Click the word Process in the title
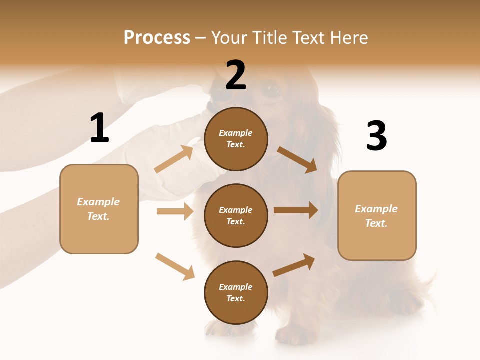click(157, 37)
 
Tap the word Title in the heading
click(269, 37)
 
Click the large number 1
click(99, 128)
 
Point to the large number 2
click(236, 75)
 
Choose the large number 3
click(377, 136)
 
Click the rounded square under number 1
click(99, 209)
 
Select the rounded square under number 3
click(377, 216)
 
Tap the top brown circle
click(236, 139)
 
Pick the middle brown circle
click(236, 216)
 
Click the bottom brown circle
click(236, 293)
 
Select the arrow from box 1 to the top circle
click(174, 159)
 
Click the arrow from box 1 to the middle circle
click(175, 211)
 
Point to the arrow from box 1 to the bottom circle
click(175, 266)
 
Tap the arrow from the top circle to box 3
click(297, 159)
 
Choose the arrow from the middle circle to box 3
click(296, 210)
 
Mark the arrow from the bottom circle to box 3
click(294, 265)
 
